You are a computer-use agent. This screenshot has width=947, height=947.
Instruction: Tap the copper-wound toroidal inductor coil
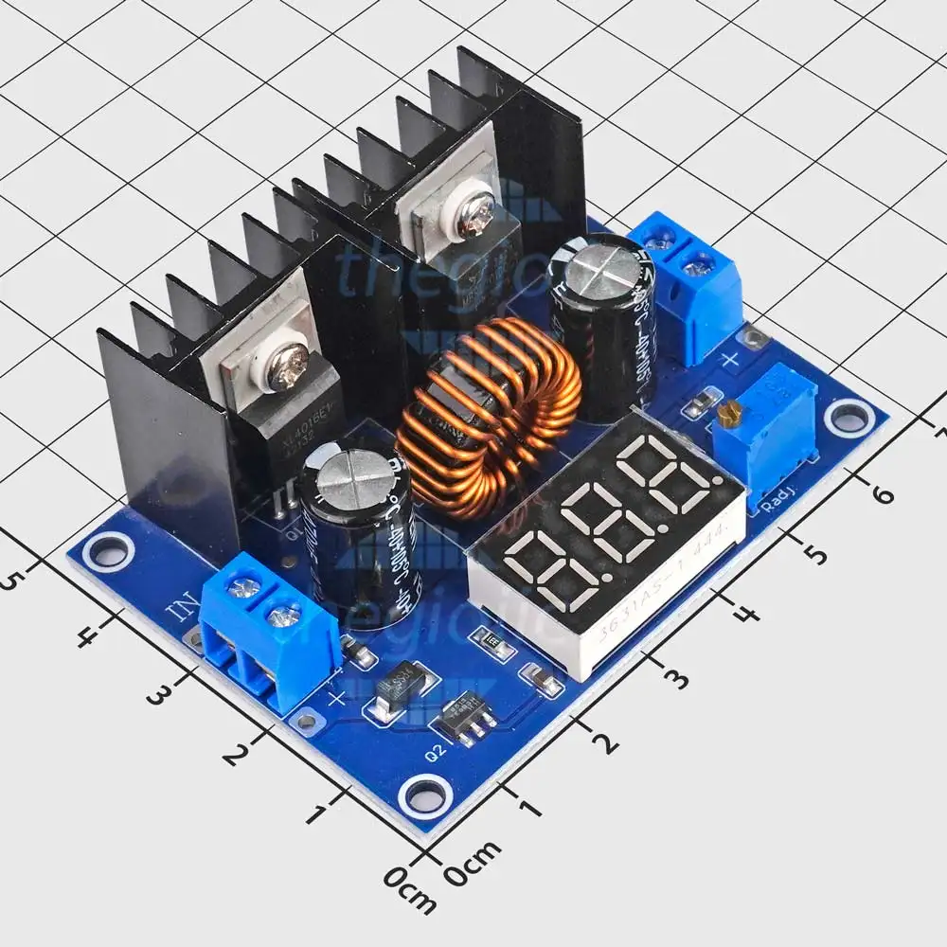click(487, 417)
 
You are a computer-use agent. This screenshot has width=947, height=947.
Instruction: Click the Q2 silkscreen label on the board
click(436, 755)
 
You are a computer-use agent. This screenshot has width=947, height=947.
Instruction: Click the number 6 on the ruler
click(881, 495)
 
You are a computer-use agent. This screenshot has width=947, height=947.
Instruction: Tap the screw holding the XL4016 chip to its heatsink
click(286, 367)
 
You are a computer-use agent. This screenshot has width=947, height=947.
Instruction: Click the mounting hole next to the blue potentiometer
click(849, 417)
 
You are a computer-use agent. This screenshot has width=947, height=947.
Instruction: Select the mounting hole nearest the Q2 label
click(424, 794)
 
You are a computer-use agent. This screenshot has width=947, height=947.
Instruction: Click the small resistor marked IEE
click(493, 643)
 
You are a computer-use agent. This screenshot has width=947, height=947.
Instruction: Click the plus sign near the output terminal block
click(730, 359)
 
